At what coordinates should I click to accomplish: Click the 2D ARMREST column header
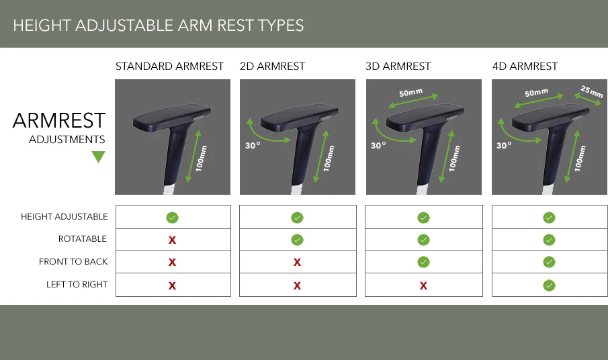point(272,66)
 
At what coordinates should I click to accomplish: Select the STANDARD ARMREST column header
point(169,66)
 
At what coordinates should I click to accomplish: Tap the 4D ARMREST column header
point(525,66)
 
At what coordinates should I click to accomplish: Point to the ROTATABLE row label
point(82,238)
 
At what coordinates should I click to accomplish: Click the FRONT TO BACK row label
point(73,261)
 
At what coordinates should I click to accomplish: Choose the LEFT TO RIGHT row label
point(77,284)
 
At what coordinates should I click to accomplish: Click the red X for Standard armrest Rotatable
point(172,240)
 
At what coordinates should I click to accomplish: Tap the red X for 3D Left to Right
point(423,286)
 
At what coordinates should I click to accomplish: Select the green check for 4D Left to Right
point(549,285)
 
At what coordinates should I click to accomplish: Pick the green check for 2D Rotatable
point(298,240)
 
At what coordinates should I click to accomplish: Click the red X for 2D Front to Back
point(298,263)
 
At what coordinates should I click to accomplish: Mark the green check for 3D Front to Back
point(423,262)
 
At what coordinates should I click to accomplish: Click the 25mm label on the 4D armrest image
point(592,91)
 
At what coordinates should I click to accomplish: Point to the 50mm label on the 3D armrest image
point(410,93)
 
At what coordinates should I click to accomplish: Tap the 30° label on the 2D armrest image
point(253,146)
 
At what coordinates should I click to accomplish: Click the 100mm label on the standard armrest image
point(201,159)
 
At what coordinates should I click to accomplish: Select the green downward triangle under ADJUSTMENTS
point(99,157)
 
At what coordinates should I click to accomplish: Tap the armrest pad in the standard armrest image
point(172,116)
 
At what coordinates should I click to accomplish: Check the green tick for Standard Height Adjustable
point(172,218)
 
